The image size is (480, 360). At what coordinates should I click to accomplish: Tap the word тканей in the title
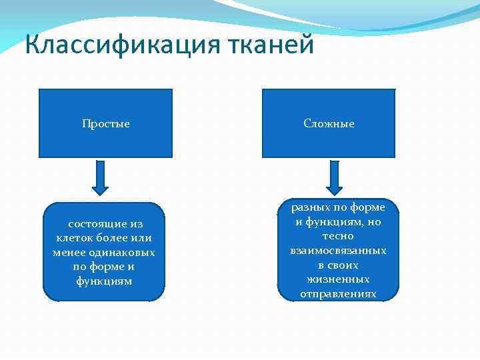coord(271,45)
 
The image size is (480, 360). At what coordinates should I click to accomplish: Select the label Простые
coord(105,124)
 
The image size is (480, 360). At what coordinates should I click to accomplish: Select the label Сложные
coord(329,124)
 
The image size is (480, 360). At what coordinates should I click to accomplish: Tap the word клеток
coord(73,238)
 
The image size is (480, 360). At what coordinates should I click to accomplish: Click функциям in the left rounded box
coord(104,281)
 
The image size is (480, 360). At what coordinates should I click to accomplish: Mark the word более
coord(115,238)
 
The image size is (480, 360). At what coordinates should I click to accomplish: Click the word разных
coord(311,208)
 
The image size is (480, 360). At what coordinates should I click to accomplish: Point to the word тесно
coord(338,236)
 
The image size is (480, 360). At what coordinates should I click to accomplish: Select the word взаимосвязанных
coord(338,251)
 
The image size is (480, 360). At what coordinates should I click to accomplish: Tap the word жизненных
coord(338,279)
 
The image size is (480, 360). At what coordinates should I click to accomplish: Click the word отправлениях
coord(338,293)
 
